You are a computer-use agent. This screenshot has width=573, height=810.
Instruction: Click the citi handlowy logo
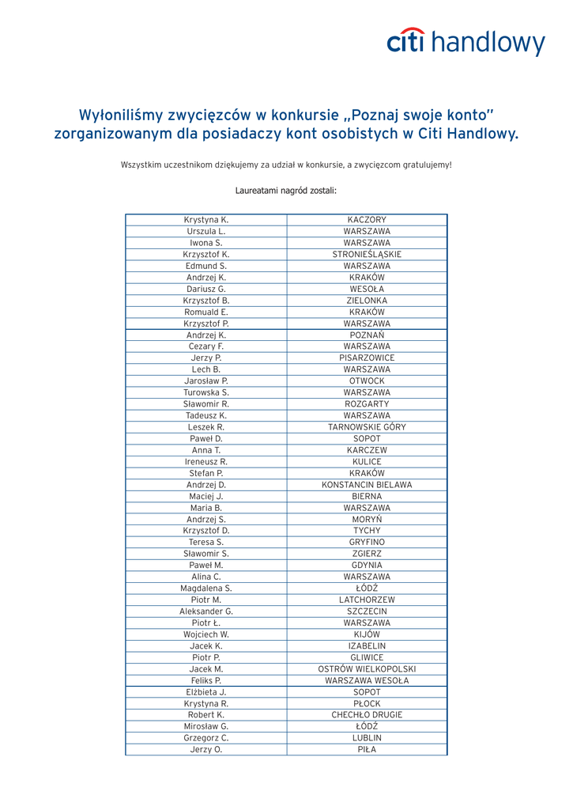tap(466, 42)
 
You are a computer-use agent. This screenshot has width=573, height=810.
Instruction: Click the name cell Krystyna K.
tap(206, 220)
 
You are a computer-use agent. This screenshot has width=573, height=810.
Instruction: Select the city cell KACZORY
tap(367, 220)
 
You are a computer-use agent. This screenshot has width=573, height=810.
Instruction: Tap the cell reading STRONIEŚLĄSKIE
tap(367, 255)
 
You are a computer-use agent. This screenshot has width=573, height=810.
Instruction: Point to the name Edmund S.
tap(206, 266)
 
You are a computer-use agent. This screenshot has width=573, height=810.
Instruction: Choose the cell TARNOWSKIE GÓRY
tap(367, 427)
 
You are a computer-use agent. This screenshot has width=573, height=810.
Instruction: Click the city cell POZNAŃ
tap(367, 335)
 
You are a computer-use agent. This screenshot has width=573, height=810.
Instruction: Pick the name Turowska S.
tap(206, 392)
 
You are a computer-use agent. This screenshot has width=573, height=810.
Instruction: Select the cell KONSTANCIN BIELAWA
tap(367, 485)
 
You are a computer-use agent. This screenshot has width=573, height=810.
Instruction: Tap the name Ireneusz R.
tap(206, 461)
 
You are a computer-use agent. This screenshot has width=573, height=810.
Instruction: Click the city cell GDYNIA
tap(367, 566)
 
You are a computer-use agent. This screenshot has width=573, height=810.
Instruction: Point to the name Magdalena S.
tap(206, 589)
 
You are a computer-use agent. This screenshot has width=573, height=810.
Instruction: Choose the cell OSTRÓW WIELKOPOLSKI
tap(367, 669)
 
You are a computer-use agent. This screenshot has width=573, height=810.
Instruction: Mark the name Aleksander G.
tap(206, 611)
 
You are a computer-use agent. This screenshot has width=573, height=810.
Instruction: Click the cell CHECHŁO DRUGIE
tap(367, 715)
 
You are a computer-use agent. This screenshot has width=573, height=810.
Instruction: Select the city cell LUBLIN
tap(367, 738)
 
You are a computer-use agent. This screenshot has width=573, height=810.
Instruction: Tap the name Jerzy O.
tap(206, 750)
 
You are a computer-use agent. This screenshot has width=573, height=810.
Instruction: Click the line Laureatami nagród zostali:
tap(286, 191)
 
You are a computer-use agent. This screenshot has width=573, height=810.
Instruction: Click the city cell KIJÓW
tap(367, 634)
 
